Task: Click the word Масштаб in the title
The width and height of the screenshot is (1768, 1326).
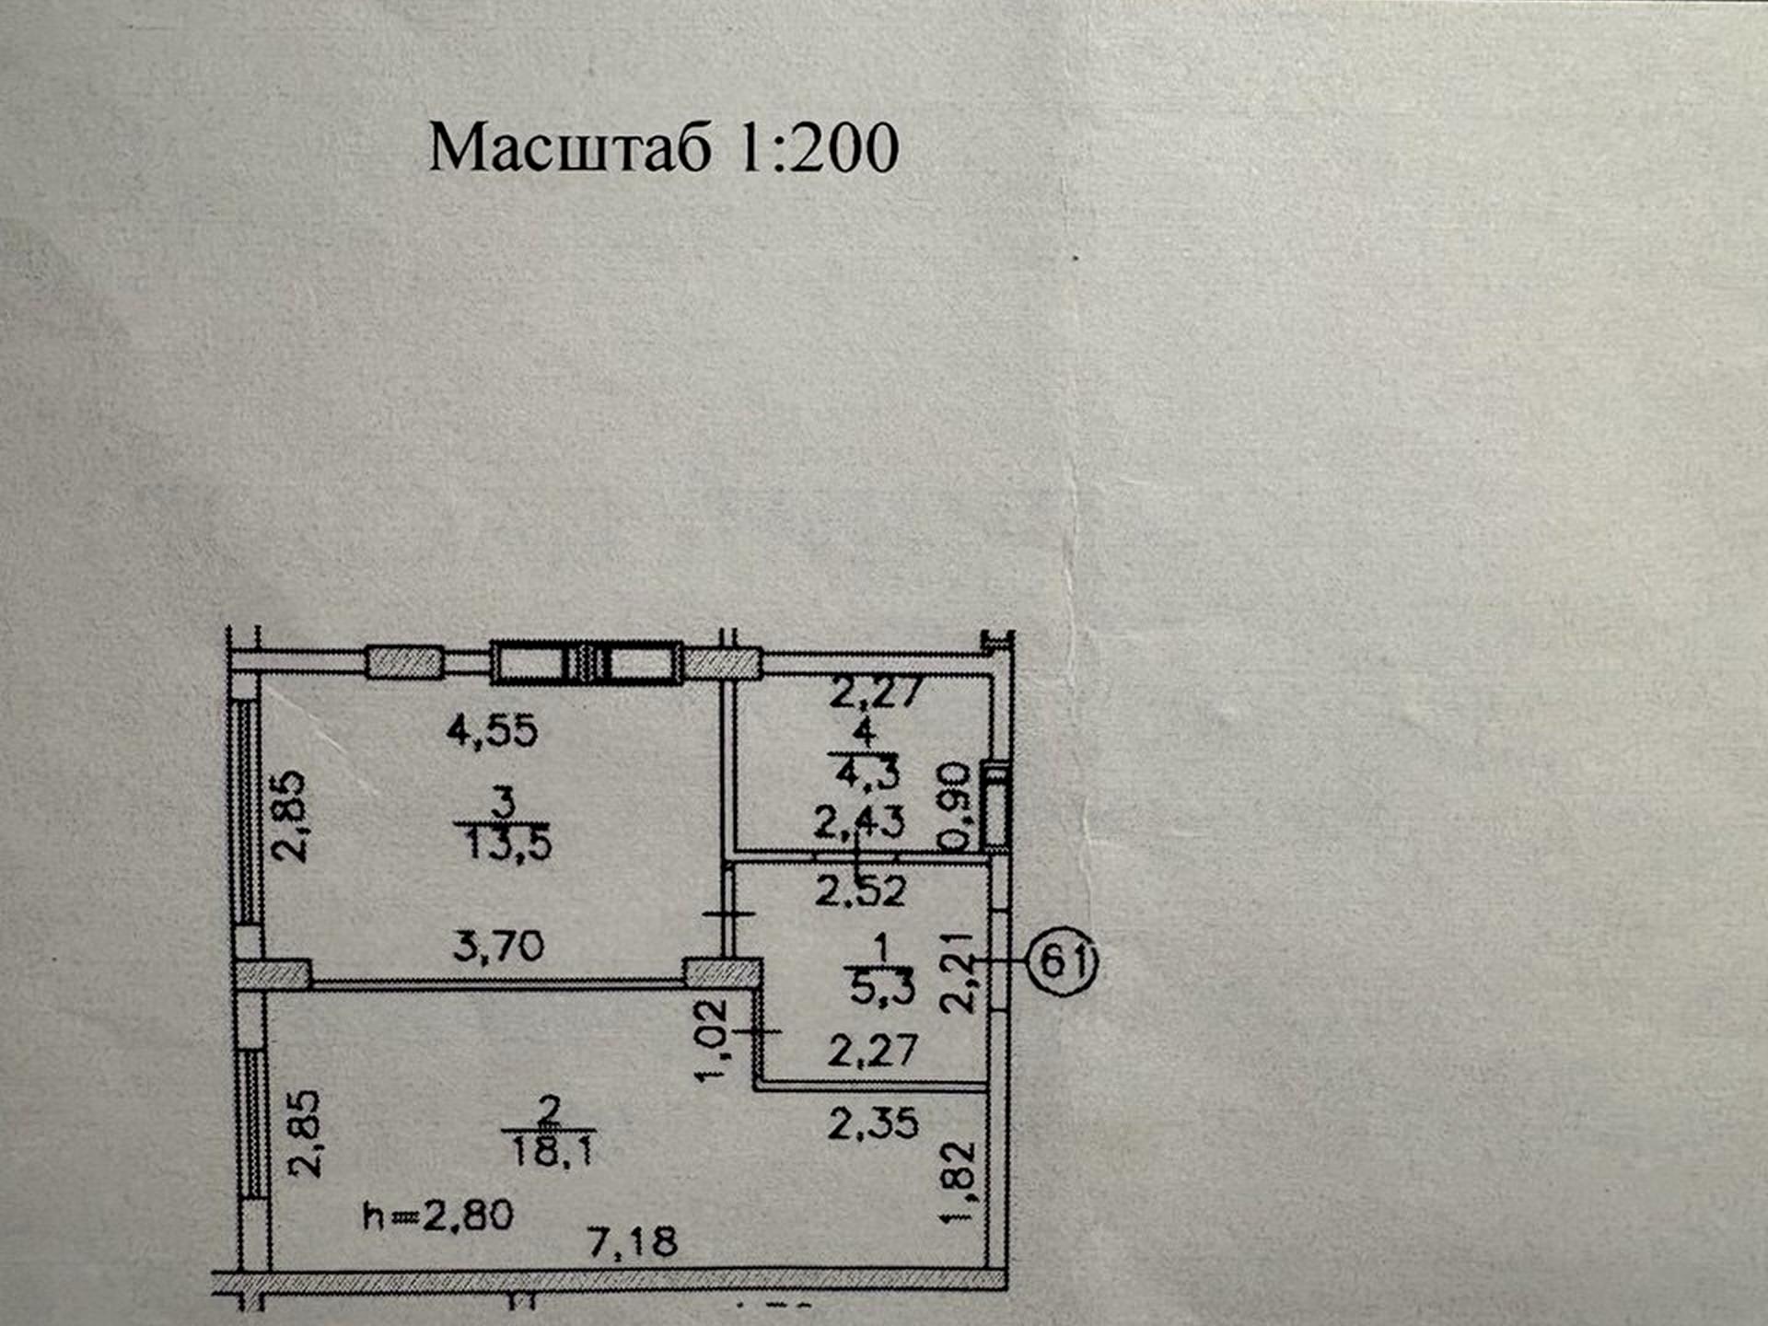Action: [571, 147]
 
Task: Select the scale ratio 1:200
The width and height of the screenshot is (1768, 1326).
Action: [819, 147]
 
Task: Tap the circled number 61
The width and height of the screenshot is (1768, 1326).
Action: [1063, 961]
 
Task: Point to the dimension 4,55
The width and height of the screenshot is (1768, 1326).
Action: [493, 731]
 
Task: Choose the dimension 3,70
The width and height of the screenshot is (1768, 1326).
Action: [498, 946]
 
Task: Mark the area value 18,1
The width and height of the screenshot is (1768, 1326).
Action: [552, 1150]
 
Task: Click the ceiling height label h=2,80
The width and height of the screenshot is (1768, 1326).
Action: [438, 1215]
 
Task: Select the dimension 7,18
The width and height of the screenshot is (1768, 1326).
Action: [633, 1242]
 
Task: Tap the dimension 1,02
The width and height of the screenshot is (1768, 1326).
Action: [713, 1041]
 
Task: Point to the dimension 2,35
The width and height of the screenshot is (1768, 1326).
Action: [873, 1123]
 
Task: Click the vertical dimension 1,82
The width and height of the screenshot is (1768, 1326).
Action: [959, 1181]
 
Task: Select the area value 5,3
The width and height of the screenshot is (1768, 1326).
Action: [882, 988]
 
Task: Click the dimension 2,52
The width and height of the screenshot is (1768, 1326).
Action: [861, 891]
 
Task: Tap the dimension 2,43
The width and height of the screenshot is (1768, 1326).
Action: [859, 821]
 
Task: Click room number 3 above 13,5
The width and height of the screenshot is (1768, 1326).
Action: [503, 803]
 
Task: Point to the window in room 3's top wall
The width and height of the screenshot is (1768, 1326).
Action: [587, 663]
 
